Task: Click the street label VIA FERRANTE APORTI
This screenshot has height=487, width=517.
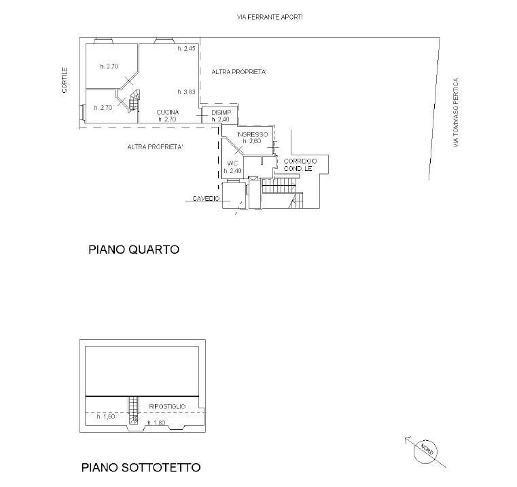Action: (270, 17)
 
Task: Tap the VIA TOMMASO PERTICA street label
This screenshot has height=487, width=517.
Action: (456, 113)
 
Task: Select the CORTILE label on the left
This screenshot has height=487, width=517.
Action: (65, 80)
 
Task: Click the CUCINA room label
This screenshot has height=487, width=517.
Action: (168, 113)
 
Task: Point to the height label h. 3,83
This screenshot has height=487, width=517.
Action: (187, 92)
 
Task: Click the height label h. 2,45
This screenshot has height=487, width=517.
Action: (187, 49)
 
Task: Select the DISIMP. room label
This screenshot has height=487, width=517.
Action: (222, 113)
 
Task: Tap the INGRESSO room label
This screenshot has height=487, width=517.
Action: (253, 134)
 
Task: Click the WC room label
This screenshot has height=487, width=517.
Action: (232, 163)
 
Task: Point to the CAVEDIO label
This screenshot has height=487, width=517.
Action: (206, 199)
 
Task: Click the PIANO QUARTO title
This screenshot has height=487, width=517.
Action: (134, 249)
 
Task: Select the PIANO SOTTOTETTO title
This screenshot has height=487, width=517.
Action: (141, 467)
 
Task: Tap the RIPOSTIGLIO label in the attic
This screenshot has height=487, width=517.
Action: (168, 407)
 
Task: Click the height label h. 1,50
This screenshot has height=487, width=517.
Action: (106, 416)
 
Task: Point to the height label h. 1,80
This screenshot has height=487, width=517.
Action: (156, 423)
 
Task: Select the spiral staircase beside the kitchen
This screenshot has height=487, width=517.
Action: (135, 101)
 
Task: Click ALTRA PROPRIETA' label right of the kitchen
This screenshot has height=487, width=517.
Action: (239, 72)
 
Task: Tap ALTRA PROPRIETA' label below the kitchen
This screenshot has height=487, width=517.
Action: (155, 147)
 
